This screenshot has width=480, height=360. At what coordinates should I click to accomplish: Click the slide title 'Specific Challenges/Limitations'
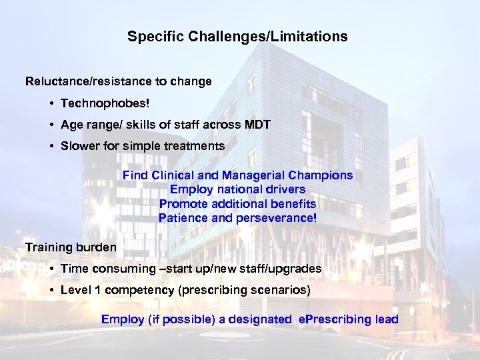[x=237, y=37]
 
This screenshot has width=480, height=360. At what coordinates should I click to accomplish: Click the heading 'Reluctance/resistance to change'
[x=119, y=81]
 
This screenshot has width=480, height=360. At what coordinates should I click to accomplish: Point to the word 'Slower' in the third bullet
[x=79, y=145]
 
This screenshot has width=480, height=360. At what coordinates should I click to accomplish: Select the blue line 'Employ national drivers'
[x=237, y=189]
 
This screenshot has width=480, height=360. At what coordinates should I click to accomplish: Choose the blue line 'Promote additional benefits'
[x=237, y=203]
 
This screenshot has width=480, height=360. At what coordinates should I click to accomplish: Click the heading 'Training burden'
[x=71, y=247]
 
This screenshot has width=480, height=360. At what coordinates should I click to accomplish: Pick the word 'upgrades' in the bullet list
[x=297, y=269]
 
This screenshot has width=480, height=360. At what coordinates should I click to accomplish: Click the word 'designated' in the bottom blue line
[x=260, y=319]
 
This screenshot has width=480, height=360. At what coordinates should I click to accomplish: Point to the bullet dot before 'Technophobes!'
[x=51, y=104]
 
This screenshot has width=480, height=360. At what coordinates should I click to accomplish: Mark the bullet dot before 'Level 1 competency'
[x=51, y=291]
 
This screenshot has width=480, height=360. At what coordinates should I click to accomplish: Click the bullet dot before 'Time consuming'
[x=51, y=269]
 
